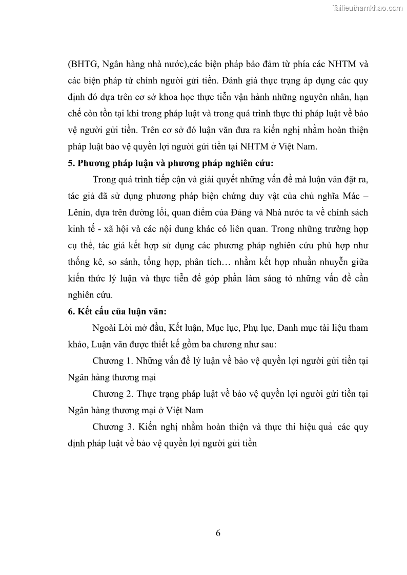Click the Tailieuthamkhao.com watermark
[x=368, y=8]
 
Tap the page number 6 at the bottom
[x=218, y=533]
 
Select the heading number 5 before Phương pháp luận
[x=71, y=163]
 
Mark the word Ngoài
[x=105, y=328]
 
